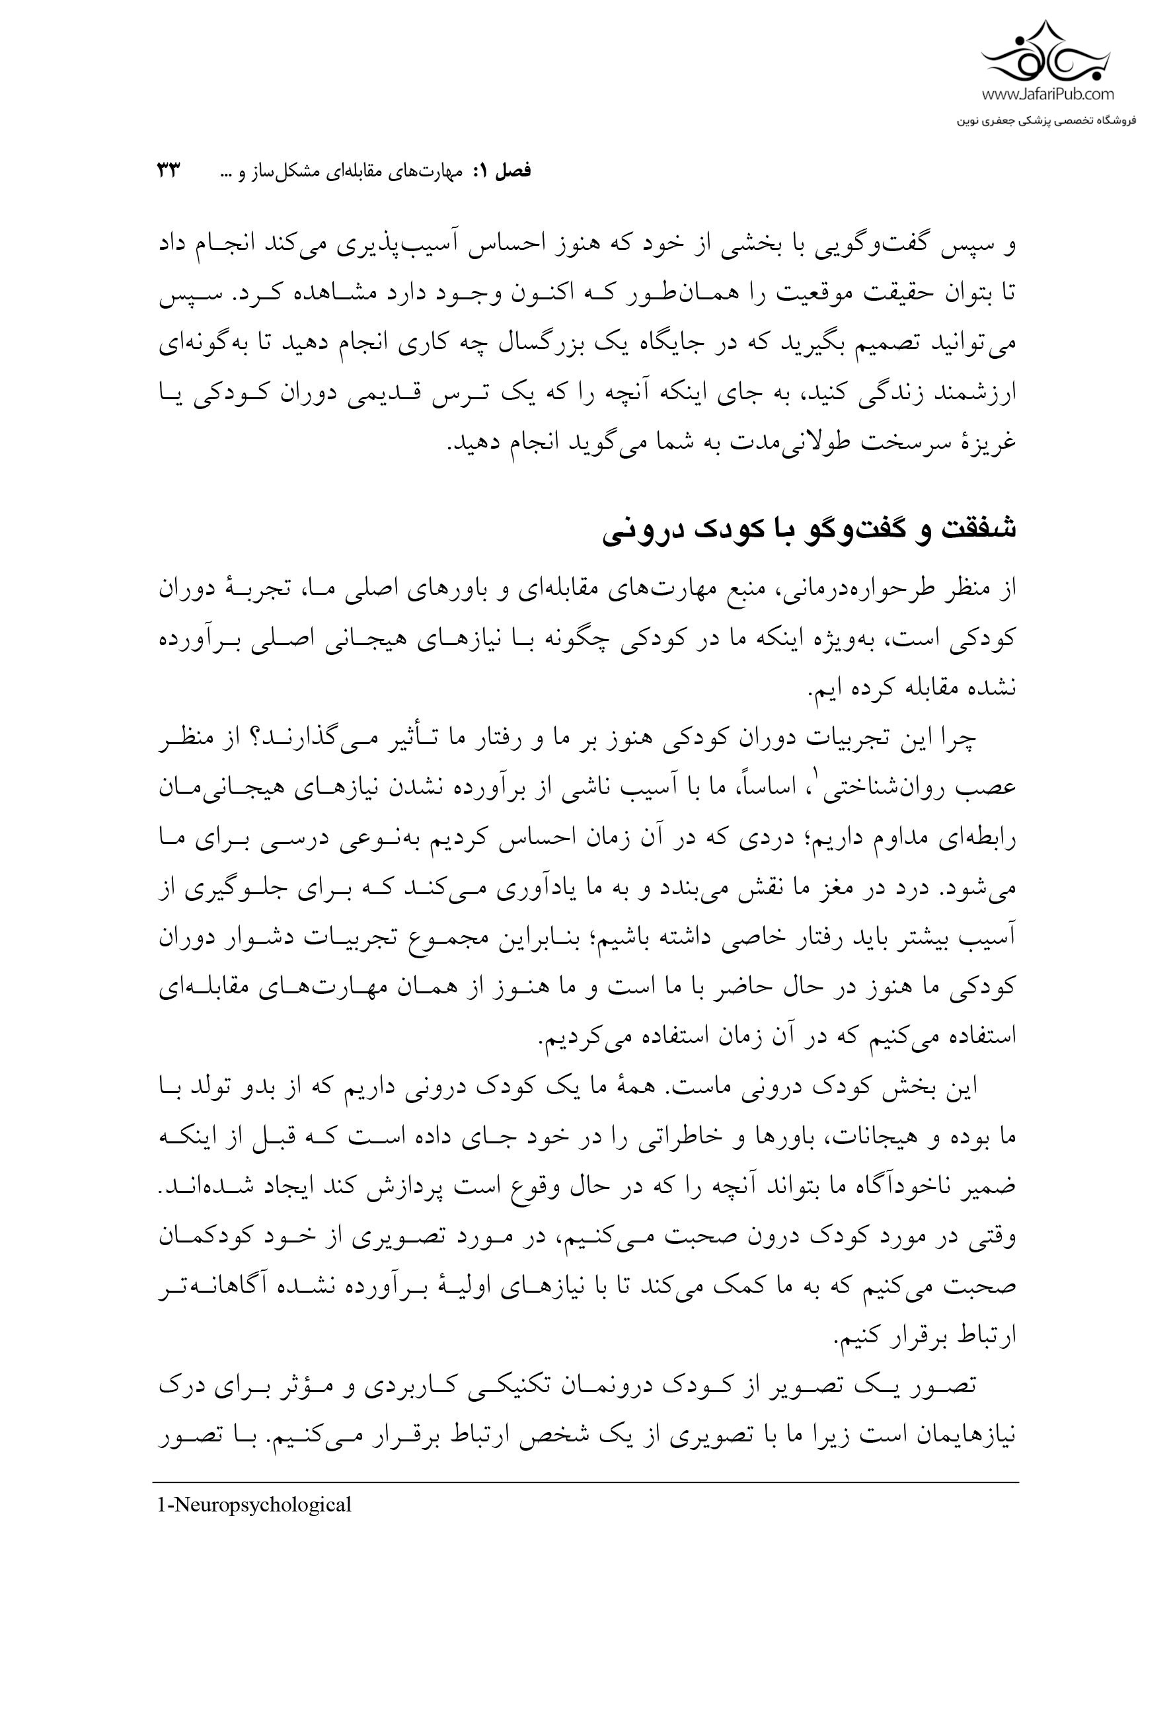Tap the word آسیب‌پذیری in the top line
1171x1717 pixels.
(x=566, y=245)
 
